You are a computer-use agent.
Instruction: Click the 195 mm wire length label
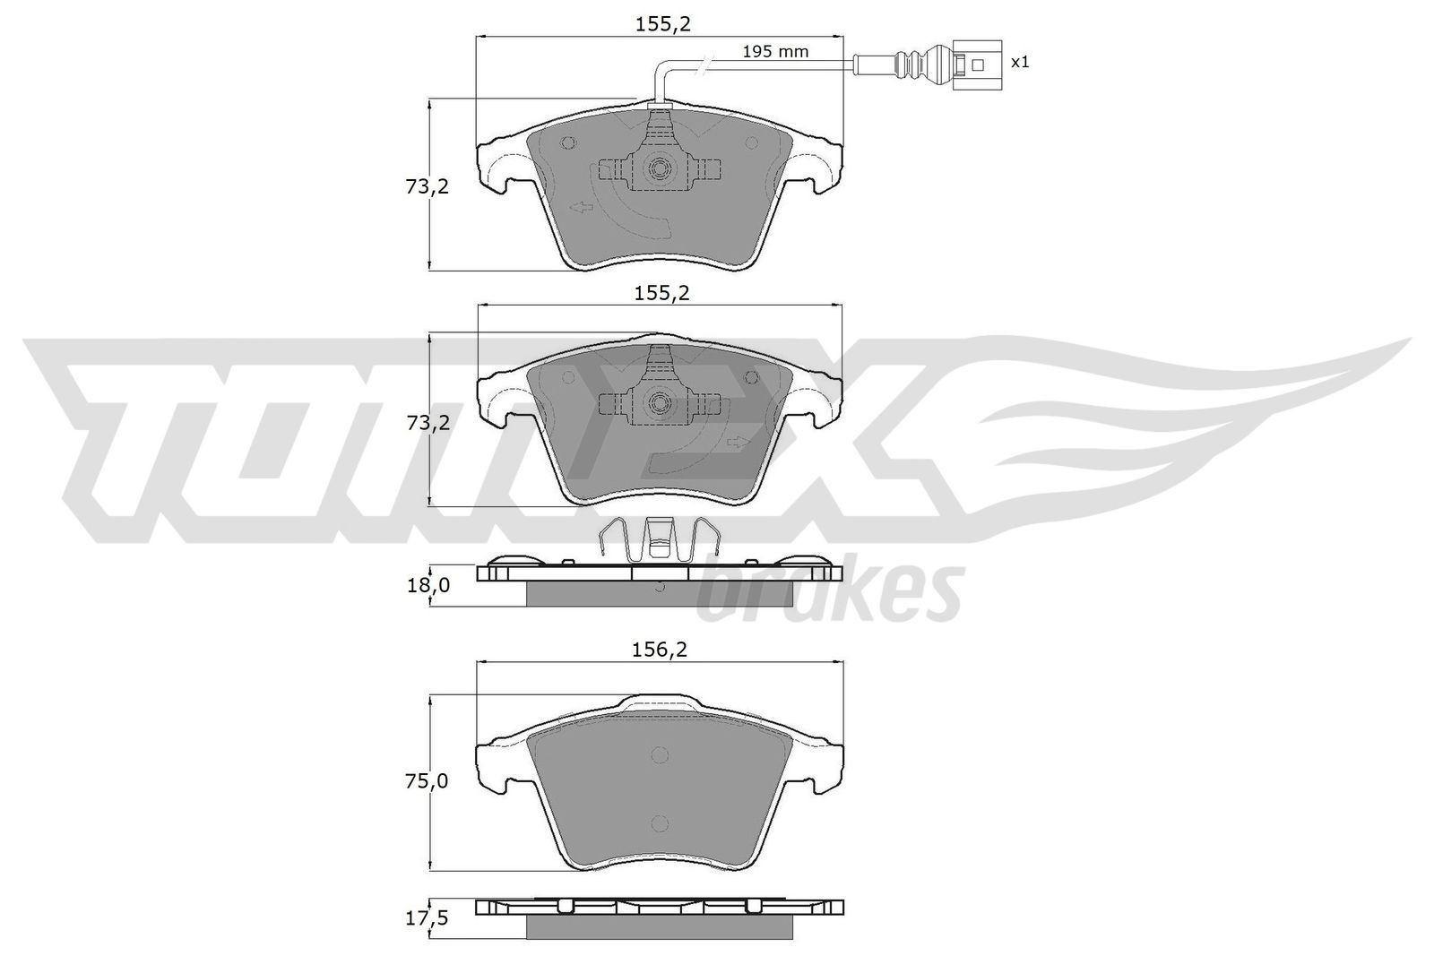[x=775, y=52]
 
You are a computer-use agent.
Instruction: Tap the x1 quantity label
[x=1020, y=63]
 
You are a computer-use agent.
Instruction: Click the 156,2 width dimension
[x=659, y=650]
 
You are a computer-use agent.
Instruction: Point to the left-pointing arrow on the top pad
[x=583, y=208]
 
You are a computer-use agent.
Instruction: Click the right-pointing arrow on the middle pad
[x=739, y=442]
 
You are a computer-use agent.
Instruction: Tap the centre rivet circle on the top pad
[x=660, y=168]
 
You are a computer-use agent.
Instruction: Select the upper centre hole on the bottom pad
[x=659, y=754]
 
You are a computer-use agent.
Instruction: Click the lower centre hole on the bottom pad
[x=659, y=823]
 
